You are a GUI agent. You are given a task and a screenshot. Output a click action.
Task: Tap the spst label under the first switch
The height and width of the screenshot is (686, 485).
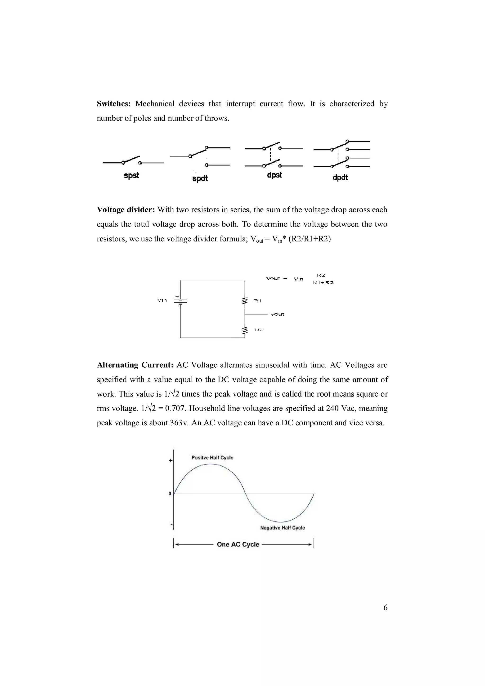[x=131, y=175]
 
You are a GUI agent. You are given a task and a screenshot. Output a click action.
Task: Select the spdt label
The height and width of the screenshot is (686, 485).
[x=200, y=179]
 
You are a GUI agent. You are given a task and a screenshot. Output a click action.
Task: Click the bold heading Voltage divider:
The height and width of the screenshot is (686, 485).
[x=126, y=210]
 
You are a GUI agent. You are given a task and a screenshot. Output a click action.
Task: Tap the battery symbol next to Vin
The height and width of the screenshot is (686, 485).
[x=180, y=300]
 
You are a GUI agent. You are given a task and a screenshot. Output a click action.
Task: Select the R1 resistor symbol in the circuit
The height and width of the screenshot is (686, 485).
[x=245, y=301]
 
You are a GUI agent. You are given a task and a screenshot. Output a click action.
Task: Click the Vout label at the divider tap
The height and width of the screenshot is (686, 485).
[x=277, y=314]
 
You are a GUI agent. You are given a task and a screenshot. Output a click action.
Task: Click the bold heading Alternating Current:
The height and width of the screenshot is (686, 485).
[x=135, y=365]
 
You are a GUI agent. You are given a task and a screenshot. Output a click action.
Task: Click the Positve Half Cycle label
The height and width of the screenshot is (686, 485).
[x=212, y=458]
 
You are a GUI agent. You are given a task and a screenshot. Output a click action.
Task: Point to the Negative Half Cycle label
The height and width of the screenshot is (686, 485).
[x=282, y=528]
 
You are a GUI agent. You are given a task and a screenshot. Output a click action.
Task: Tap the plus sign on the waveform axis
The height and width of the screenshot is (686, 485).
[x=171, y=461]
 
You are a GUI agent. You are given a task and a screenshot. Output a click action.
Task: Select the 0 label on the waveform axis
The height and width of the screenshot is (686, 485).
[x=170, y=494]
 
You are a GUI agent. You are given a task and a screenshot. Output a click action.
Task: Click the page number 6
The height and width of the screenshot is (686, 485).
[x=385, y=608]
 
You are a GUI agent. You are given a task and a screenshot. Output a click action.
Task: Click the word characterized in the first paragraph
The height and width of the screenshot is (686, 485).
[x=352, y=104]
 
